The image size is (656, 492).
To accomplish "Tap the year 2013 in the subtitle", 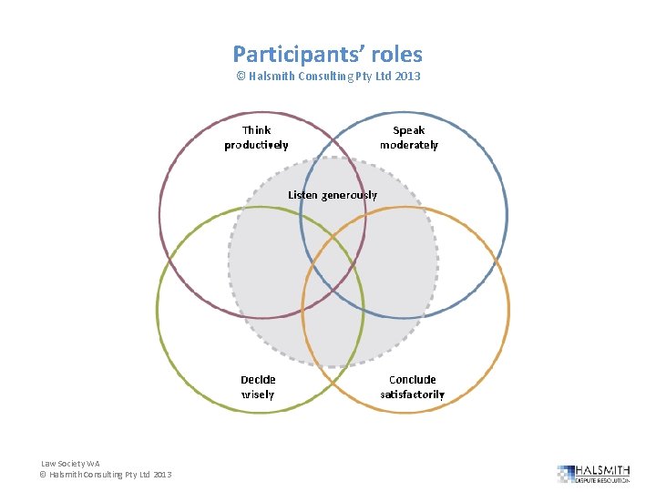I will tap(406, 77).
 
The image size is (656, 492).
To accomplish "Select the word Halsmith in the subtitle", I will tap(276, 77).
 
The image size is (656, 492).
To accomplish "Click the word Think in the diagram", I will tap(256, 130).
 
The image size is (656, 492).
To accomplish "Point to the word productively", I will tap(256, 145).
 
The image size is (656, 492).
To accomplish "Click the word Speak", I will tap(408, 130).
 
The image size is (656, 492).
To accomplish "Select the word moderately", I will tap(409, 145).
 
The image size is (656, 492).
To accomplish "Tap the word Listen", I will tap(303, 195).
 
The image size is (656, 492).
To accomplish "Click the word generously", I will tap(349, 195).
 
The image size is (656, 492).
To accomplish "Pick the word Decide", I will tap(258, 380).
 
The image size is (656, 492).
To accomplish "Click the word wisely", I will tap(258, 395).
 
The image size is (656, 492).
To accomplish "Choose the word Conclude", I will tap(413, 380).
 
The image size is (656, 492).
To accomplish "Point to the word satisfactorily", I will tap(413, 395).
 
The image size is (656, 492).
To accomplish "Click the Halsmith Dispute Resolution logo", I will tap(593, 473).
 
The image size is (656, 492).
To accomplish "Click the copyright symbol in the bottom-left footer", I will tap(42, 475).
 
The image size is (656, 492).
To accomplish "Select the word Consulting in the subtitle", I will tap(336, 77).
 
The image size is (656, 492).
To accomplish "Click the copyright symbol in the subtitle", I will tap(241, 77).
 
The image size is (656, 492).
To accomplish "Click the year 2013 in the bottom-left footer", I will tap(162, 475).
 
